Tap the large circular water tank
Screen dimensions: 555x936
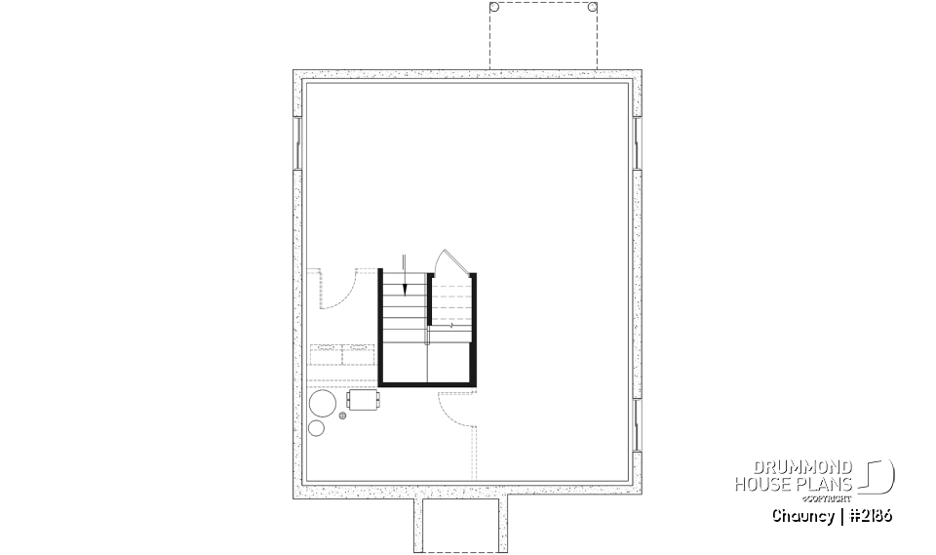pyautogui.click(x=323, y=404)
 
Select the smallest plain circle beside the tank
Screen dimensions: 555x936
pyautogui.click(x=316, y=428)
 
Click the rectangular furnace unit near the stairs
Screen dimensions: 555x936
pyautogui.click(x=362, y=400)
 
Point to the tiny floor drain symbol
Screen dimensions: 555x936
pyautogui.click(x=342, y=416)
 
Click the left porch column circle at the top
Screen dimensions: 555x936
pyautogui.click(x=493, y=7)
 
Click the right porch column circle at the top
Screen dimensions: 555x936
pyautogui.click(x=592, y=7)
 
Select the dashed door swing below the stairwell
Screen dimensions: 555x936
pyautogui.click(x=458, y=410)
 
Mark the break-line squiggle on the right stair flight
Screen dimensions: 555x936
pyautogui.click(x=452, y=326)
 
